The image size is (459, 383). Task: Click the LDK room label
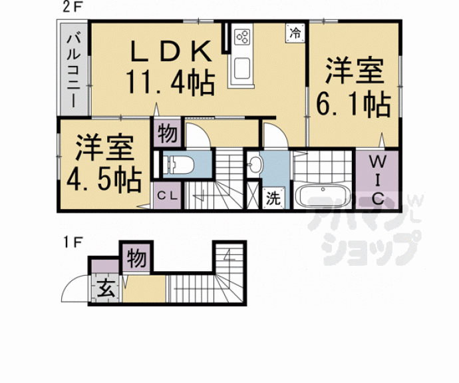tap(172, 51)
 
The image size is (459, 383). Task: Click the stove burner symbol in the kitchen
tap(241, 37)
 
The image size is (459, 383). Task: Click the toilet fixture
tap(179, 164)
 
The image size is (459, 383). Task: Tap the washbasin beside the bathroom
tap(255, 165)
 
